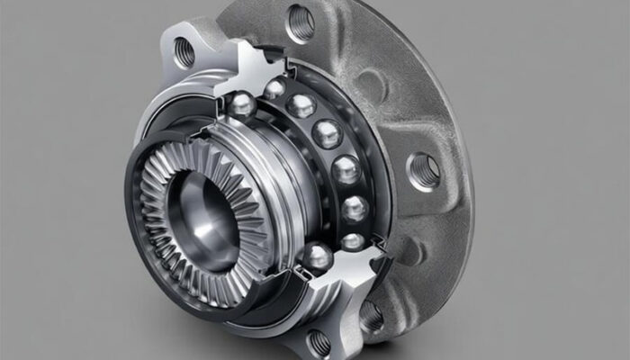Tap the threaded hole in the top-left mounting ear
(x=184, y=52)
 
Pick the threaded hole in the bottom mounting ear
(x=319, y=343)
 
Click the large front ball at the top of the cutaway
(x=241, y=105)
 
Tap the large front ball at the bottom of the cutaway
(x=316, y=258)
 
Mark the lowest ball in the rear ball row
(x=354, y=240)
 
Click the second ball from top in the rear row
(x=301, y=105)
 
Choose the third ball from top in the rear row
(x=327, y=133)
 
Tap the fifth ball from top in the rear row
(x=355, y=209)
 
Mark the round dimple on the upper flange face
(x=370, y=85)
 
